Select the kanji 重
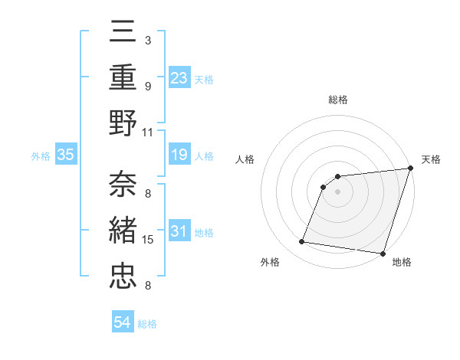click(123, 78)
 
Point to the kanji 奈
click(123, 184)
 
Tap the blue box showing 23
click(179, 77)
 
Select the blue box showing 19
click(179, 155)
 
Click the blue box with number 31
click(179, 232)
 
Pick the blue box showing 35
click(65, 155)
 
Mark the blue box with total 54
click(123, 323)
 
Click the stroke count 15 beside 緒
click(149, 240)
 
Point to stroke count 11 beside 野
click(149, 132)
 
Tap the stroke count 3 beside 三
click(148, 39)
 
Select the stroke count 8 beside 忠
click(148, 286)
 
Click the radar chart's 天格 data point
click(409, 169)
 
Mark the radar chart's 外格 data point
click(302, 242)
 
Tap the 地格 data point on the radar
click(383, 253)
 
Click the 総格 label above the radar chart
click(337, 100)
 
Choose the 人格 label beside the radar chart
click(245, 159)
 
